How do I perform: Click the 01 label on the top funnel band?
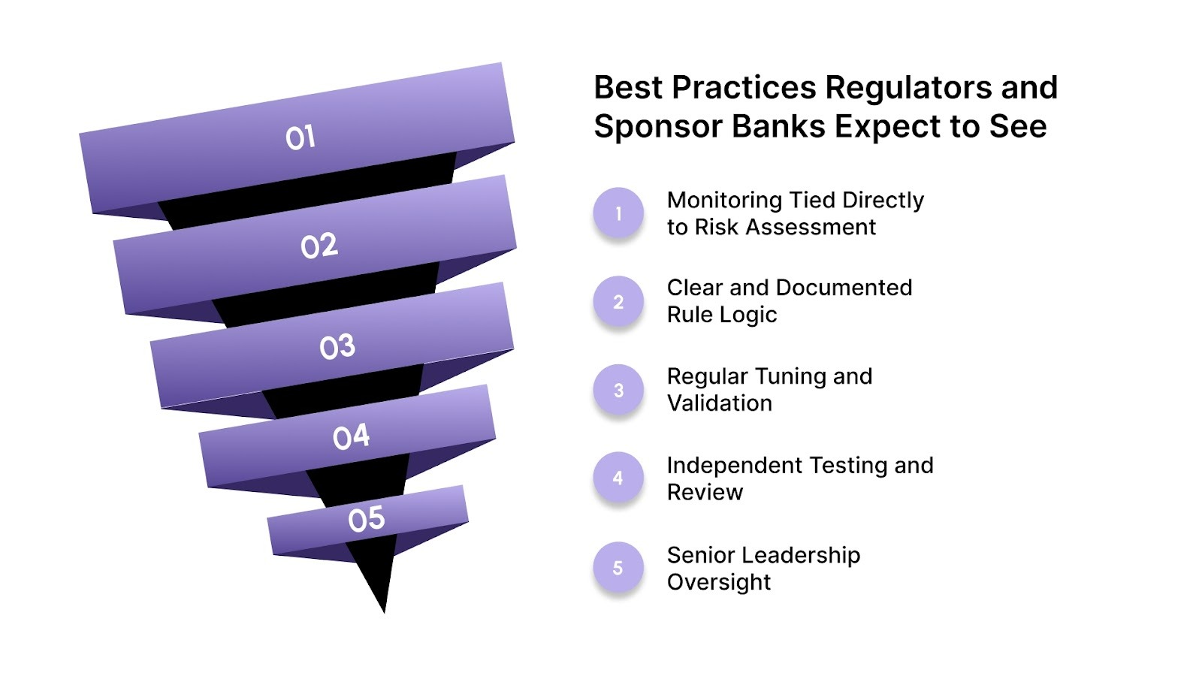pos(300,137)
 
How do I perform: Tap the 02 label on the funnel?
pos(319,246)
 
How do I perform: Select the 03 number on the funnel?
pos(337,347)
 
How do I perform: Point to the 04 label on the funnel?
pos(351,436)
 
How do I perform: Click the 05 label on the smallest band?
pos(366,519)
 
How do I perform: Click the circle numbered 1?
pos(618,213)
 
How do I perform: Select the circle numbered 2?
pos(618,302)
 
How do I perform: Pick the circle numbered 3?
pos(618,391)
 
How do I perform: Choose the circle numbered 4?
pos(618,478)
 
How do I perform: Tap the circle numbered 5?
pos(618,568)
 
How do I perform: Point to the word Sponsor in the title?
pos(657,127)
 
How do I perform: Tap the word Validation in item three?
pos(719,403)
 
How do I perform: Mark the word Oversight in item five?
pos(718,582)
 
